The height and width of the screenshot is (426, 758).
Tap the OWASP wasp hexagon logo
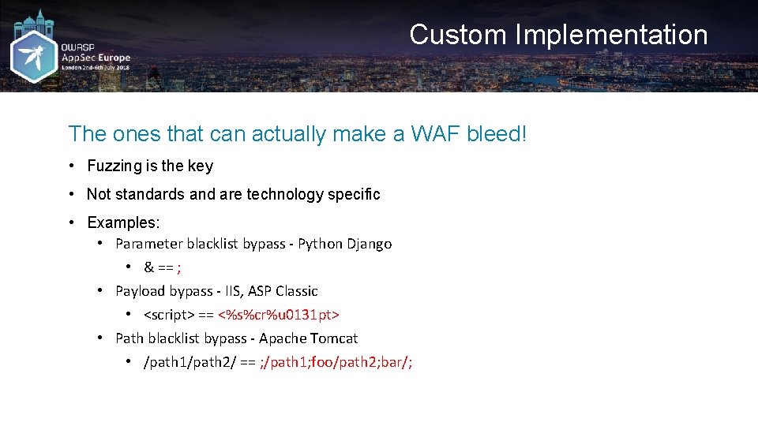(34, 57)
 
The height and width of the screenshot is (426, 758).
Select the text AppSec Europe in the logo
(96, 58)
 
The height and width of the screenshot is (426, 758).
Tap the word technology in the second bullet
(281, 194)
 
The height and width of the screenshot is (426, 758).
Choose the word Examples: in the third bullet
(123, 222)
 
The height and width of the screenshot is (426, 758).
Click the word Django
(369, 244)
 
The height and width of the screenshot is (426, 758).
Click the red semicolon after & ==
(179, 267)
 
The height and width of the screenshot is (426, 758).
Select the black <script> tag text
(169, 315)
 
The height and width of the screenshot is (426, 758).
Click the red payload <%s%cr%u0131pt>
(279, 315)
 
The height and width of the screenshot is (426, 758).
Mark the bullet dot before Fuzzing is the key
(71, 166)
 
